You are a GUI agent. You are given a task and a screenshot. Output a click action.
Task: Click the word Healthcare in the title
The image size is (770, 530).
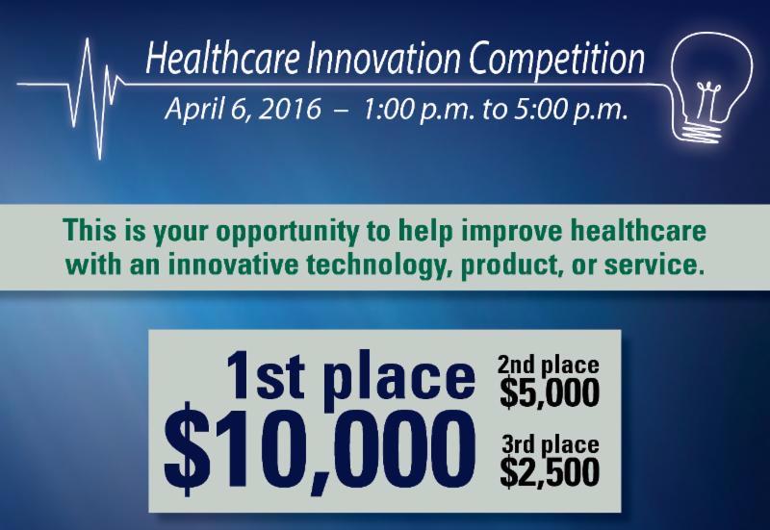click(222, 58)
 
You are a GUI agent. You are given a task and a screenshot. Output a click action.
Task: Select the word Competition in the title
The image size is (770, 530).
click(557, 60)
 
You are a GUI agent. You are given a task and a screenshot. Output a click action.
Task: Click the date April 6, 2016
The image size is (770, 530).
click(244, 110)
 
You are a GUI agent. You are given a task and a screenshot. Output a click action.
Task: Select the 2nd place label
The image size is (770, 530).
click(548, 366)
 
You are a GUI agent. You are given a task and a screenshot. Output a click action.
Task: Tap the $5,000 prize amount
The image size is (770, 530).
click(550, 393)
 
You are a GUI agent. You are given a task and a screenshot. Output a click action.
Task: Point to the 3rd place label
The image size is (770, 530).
click(551, 444)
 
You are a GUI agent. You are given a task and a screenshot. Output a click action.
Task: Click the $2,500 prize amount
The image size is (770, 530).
click(550, 472)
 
